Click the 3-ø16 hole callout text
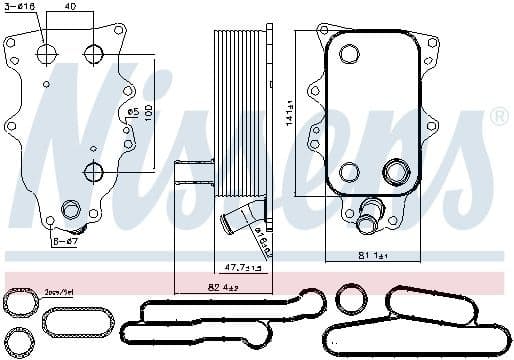point(21,7)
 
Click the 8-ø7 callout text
point(64,240)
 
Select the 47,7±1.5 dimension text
point(240,268)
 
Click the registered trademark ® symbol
point(499,118)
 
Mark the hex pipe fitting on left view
point(72,209)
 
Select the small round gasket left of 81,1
point(348,298)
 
